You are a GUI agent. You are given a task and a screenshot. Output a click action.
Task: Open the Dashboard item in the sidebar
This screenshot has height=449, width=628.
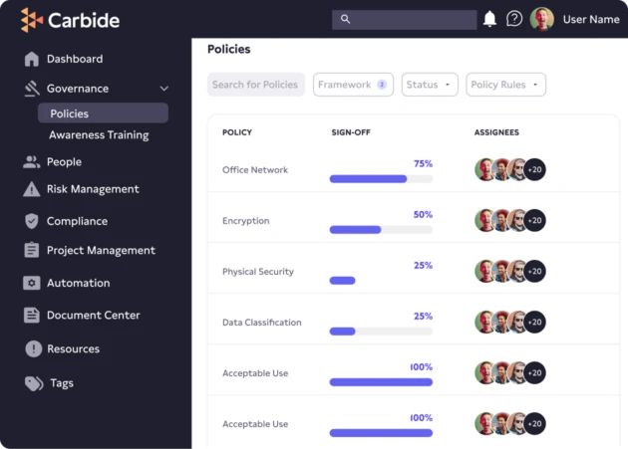click(x=74, y=59)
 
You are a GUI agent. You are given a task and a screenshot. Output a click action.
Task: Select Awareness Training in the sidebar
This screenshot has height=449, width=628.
click(x=99, y=135)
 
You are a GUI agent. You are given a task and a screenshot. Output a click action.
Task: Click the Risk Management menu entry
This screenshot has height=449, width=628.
click(x=93, y=189)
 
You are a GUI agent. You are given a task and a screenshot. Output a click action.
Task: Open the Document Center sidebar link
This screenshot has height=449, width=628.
click(x=94, y=316)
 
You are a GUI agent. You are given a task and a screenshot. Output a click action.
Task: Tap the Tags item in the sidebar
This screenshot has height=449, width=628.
click(x=62, y=383)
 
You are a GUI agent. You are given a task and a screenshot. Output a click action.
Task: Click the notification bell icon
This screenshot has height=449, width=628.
click(x=489, y=19)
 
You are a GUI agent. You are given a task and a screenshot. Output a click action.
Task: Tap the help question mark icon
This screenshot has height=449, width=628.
click(x=514, y=19)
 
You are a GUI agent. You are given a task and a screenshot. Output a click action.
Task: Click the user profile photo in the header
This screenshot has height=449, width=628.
click(x=542, y=19)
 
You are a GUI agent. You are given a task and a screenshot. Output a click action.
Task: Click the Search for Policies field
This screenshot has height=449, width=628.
click(x=255, y=85)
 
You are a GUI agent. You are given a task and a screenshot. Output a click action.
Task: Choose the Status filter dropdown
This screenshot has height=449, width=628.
click(x=430, y=85)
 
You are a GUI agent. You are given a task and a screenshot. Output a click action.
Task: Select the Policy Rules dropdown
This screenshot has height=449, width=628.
click(x=505, y=85)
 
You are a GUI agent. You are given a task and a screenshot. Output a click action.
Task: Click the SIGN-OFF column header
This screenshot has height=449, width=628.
click(x=351, y=132)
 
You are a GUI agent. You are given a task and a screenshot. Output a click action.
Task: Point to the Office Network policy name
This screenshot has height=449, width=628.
click(x=255, y=170)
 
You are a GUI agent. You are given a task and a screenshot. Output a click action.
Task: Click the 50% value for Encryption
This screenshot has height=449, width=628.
click(x=423, y=214)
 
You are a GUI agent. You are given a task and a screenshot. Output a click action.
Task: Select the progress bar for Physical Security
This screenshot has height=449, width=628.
click(x=343, y=281)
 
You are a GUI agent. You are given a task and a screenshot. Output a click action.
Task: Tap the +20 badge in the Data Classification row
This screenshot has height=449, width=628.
click(x=535, y=322)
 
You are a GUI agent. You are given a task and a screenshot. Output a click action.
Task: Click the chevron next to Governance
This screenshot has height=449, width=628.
click(x=164, y=89)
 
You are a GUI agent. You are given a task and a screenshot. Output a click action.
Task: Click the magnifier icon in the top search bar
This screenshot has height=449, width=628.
click(x=346, y=19)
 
